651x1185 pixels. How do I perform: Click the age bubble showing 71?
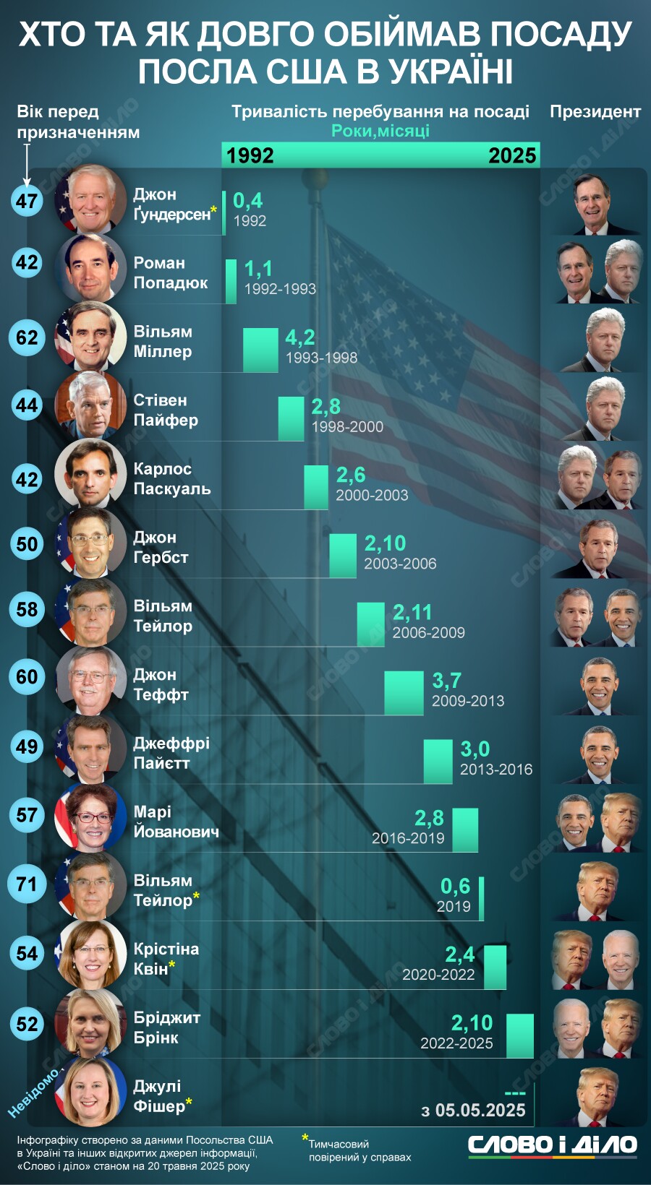27,884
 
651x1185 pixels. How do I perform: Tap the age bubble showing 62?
27,337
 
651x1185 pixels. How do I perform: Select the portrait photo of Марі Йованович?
90,817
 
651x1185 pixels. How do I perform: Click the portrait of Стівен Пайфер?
90,405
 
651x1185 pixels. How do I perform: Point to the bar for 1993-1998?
260,350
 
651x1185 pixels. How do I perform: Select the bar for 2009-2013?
404,693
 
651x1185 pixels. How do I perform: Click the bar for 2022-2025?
520,1035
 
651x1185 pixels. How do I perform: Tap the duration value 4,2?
300,337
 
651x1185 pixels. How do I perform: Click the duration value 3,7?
446,681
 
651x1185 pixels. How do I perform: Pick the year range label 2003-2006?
400,564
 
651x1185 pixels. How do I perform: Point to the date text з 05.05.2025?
474,1111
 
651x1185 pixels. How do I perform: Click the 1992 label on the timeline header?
250,155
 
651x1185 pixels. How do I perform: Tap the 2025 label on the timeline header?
512,155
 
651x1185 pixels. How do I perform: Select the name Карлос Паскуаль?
172,479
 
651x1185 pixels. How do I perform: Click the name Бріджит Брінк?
167,1027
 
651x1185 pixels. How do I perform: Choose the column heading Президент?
595,112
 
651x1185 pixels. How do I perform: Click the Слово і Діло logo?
552,1145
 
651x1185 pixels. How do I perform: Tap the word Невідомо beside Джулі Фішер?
33,1093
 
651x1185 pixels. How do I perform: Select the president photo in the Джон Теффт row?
598,686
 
